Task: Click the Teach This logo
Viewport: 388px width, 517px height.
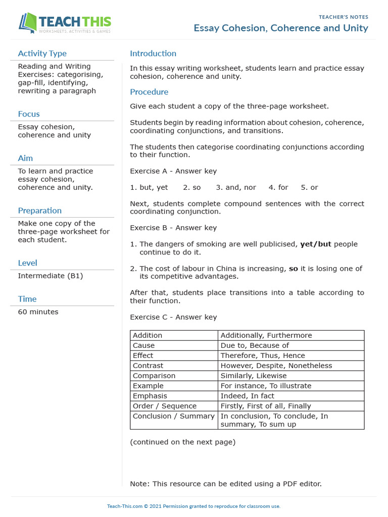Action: (65, 23)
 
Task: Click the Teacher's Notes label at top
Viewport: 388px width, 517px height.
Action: (344, 17)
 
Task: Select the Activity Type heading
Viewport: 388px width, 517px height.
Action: (42, 54)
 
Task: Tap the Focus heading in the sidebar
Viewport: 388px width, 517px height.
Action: (29, 114)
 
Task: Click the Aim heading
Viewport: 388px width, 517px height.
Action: (25, 158)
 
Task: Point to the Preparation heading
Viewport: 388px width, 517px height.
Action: (40, 211)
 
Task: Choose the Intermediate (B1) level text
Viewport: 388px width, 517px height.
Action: (51, 276)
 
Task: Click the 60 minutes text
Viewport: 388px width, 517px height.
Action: (38, 312)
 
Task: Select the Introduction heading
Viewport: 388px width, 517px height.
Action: (153, 54)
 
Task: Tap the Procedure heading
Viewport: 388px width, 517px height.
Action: (149, 92)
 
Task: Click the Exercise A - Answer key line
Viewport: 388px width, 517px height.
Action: (173, 171)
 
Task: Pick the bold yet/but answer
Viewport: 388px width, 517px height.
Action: (316, 244)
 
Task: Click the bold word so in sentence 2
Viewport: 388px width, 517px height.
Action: (293, 269)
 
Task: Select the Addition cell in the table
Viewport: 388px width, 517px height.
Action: (148, 335)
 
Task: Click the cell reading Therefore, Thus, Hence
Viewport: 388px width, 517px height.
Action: (263, 355)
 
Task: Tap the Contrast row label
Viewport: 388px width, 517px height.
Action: (148, 366)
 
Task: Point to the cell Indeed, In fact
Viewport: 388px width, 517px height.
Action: (248, 396)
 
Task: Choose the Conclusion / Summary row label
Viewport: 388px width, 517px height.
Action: (173, 416)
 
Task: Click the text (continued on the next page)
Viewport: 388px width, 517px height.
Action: (182, 442)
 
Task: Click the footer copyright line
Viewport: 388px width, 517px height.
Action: (193, 506)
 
